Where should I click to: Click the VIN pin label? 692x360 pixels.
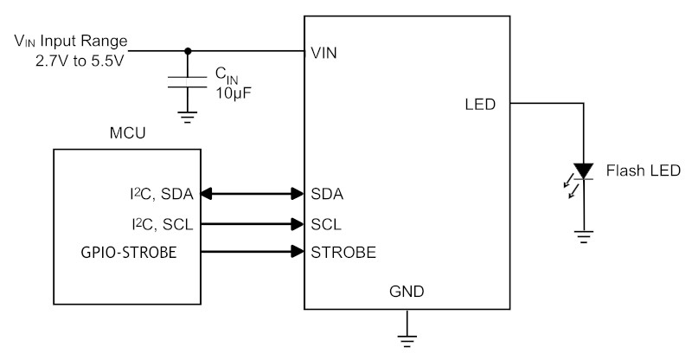(324, 53)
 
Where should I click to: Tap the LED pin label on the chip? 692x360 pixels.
(480, 104)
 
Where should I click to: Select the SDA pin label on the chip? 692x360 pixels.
(327, 194)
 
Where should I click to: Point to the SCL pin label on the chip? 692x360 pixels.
(326, 224)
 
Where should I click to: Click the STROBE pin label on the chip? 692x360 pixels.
(343, 252)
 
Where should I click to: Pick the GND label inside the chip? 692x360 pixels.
(407, 291)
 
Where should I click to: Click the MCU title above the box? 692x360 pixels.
(127, 133)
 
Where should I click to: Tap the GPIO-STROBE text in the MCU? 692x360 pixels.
(129, 252)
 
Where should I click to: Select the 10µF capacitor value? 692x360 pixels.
(234, 93)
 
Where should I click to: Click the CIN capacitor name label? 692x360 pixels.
(227, 75)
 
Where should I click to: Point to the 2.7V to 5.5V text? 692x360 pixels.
(80, 61)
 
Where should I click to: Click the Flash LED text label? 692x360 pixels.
(643, 170)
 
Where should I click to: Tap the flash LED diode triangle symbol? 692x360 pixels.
(583, 171)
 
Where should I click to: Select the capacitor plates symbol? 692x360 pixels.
(187, 81)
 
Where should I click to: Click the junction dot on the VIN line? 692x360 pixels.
(188, 51)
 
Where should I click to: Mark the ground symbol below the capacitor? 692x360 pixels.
(187, 117)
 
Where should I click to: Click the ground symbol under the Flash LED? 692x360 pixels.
(583, 237)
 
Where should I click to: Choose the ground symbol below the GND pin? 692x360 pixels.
(407, 341)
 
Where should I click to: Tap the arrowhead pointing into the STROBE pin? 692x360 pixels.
(298, 252)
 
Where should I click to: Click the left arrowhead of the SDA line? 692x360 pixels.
(207, 194)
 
